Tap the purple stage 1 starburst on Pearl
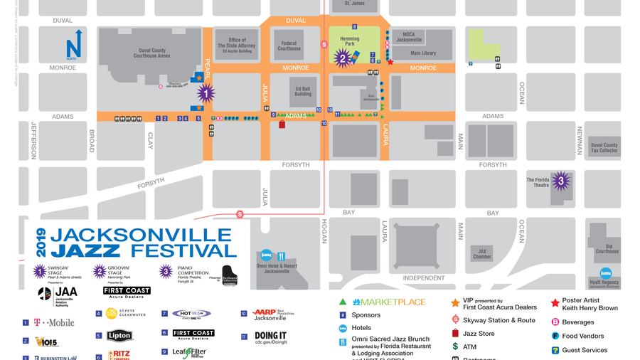206,92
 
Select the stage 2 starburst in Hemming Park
343,58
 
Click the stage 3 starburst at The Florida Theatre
561,181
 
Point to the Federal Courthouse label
289,46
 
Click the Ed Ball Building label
303,91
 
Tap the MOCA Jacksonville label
409,37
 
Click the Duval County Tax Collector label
604,147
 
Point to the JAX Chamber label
482,254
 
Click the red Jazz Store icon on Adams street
282,125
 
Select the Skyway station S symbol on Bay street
240,214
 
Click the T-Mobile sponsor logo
54,323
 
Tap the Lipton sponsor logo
119,335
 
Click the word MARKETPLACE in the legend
389,302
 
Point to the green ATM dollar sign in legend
455,346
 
